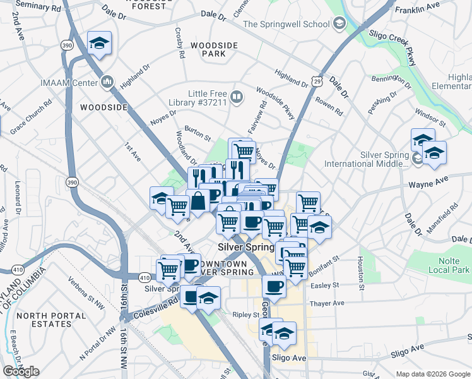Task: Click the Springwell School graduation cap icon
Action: [339, 25]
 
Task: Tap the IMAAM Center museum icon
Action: [106, 82]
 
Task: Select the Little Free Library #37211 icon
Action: [237, 97]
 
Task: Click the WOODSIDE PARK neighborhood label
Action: [208, 50]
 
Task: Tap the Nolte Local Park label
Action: [452, 265]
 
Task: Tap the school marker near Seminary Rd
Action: [99, 43]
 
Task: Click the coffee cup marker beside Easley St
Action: [273, 287]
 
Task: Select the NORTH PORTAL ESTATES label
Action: [44, 320]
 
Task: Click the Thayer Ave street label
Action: [326, 303]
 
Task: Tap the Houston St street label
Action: [361, 269]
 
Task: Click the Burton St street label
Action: [197, 133]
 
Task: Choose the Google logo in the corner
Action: [21, 371]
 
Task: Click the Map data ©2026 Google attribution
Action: [432, 374]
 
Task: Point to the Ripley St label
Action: [245, 315]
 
